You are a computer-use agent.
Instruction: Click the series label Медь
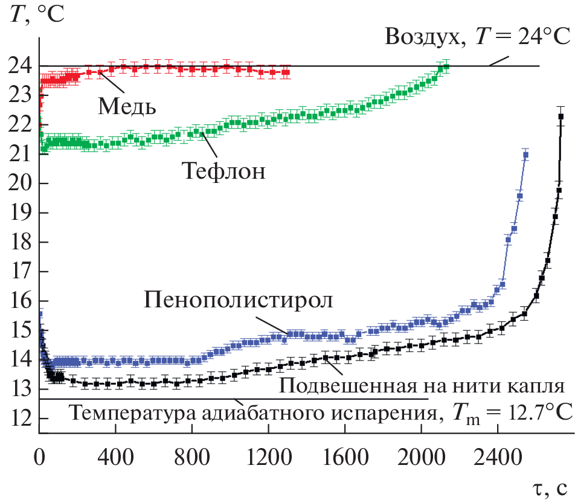pos(127,106)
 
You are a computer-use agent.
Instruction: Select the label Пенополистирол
pos(239,300)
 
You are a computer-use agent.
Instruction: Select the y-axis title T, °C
pos(36,13)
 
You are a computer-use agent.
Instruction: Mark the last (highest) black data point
pos(561,117)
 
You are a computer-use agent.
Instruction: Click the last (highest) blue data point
pos(525,155)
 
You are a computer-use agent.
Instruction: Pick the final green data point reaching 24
pos(446,67)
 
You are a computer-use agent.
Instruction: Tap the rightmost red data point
pos(286,72)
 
